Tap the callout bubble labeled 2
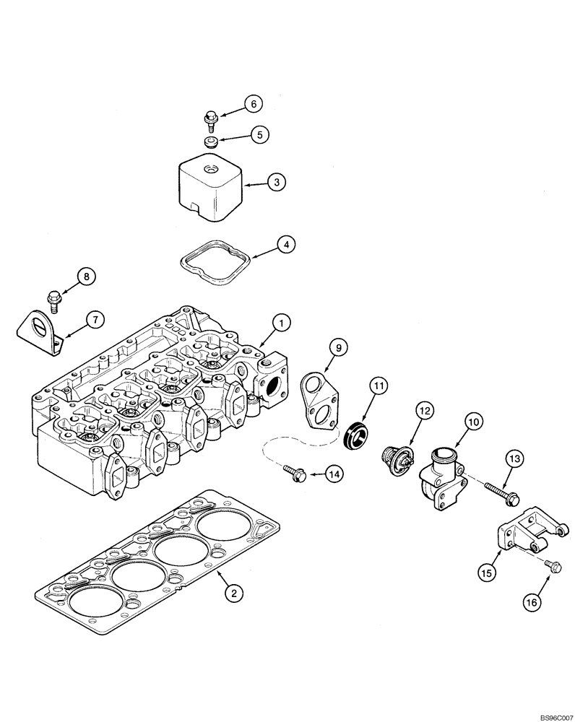pyautogui.click(x=233, y=593)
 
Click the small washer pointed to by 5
pyautogui.click(x=211, y=141)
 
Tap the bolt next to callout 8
pyautogui.click(x=54, y=295)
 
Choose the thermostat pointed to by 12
pyautogui.click(x=397, y=458)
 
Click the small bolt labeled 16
pyautogui.click(x=553, y=567)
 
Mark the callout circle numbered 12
pyautogui.click(x=424, y=411)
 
